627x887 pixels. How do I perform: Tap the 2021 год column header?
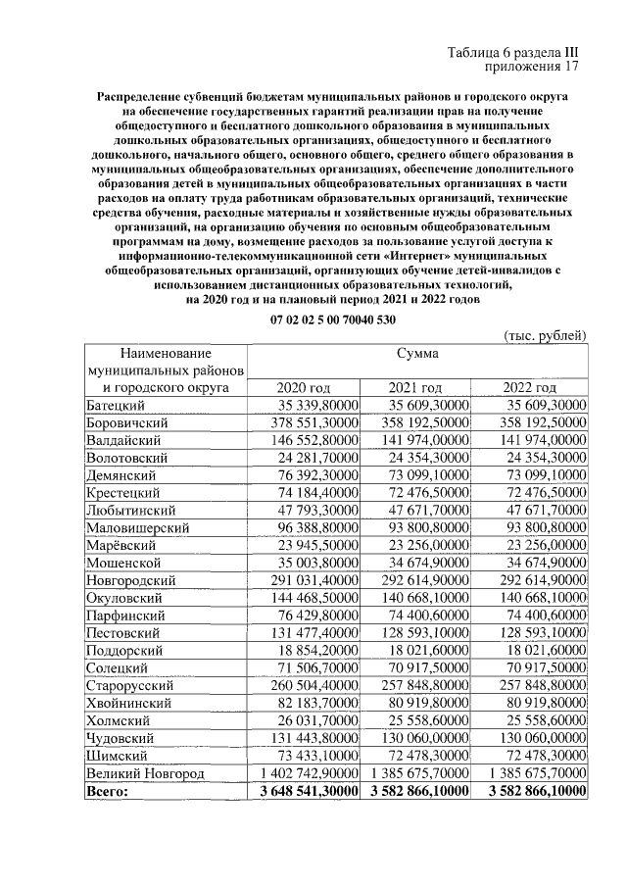pyautogui.click(x=415, y=386)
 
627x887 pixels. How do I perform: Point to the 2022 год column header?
pyautogui.click(x=529, y=386)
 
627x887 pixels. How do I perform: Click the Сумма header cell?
pyautogui.click(x=416, y=352)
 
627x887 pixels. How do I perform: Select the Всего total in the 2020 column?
pyautogui.click(x=304, y=792)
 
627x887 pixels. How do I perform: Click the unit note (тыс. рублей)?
pyautogui.click(x=544, y=335)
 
